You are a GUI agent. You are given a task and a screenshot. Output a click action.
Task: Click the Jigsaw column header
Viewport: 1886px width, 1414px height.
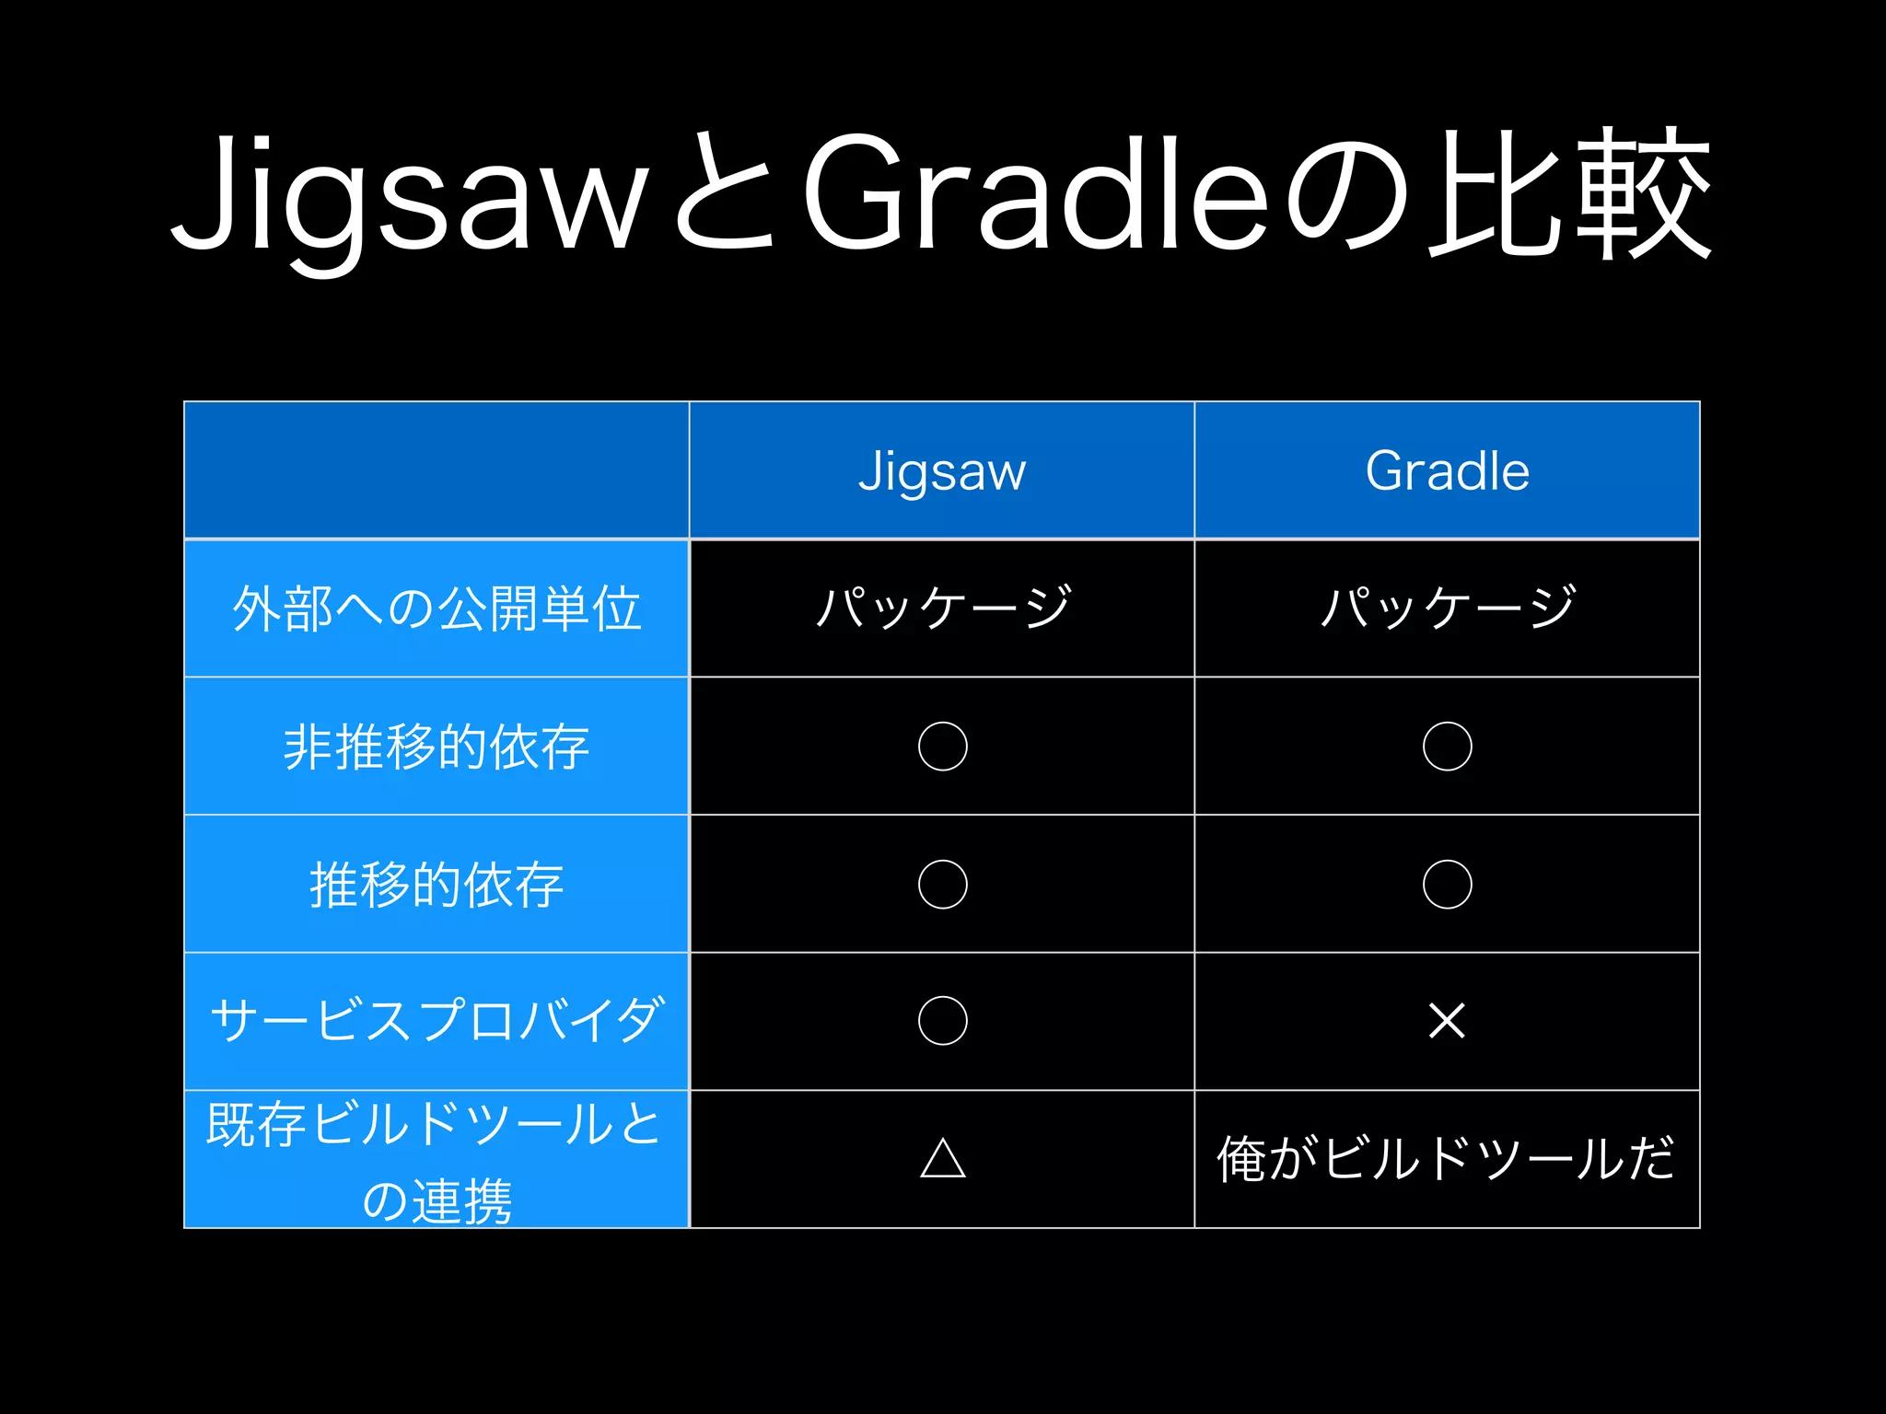[x=942, y=471]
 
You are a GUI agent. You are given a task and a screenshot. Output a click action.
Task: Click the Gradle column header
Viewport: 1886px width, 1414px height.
[x=1447, y=471]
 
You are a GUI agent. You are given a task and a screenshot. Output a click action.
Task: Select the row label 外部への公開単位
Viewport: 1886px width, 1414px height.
[x=437, y=608]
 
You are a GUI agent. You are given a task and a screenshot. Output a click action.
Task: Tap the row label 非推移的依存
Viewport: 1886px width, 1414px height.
[x=437, y=747]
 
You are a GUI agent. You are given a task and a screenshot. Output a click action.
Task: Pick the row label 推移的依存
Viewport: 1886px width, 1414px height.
[x=437, y=885]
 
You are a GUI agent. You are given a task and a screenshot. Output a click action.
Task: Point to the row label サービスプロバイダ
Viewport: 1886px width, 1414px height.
[x=437, y=1021]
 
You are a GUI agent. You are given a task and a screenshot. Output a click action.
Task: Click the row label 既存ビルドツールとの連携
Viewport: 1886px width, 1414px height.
[x=437, y=1162]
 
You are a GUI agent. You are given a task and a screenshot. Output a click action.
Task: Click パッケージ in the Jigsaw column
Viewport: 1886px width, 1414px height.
[x=943, y=608]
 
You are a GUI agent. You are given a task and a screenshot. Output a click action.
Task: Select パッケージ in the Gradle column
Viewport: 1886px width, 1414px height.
[x=1448, y=608]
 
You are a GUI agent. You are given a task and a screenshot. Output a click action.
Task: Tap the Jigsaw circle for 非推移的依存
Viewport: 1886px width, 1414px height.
[x=943, y=746]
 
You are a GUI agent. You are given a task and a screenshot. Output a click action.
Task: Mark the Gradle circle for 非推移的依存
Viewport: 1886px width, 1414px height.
[x=1448, y=746]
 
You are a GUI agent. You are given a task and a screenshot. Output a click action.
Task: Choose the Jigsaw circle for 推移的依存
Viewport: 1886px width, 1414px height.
[x=943, y=884]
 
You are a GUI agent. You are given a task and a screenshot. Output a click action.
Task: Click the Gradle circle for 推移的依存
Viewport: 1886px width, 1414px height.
[x=1448, y=884]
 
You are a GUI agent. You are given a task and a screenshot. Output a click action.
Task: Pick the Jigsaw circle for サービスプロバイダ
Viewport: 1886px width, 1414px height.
[x=943, y=1020]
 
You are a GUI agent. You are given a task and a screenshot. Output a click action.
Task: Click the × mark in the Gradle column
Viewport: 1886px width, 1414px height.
[x=1447, y=1020]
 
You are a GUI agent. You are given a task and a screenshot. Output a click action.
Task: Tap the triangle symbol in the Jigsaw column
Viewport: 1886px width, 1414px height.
[x=943, y=1158]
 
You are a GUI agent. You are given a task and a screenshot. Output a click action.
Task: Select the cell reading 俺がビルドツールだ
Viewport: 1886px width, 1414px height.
[x=1446, y=1158]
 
